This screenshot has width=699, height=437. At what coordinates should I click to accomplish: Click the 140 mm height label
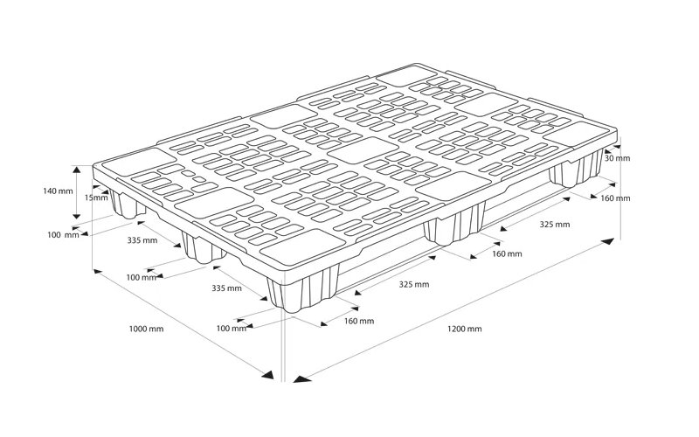[58, 191]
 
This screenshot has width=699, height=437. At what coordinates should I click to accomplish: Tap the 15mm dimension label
[96, 198]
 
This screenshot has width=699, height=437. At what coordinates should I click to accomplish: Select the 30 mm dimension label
[618, 158]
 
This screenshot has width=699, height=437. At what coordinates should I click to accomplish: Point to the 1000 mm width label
[146, 329]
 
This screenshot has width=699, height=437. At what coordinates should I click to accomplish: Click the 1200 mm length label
[465, 329]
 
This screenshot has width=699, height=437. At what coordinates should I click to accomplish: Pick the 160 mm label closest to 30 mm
[615, 198]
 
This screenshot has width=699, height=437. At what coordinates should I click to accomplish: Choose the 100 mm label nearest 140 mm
[63, 234]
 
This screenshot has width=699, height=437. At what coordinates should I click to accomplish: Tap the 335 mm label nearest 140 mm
[142, 240]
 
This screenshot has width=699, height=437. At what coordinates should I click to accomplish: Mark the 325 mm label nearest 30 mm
[555, 225]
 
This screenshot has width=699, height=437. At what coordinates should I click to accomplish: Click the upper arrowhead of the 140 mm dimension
[77, 169]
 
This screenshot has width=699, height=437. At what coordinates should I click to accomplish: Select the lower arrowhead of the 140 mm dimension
[77, 216]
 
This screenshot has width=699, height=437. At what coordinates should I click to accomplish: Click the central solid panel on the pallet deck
[356, 150]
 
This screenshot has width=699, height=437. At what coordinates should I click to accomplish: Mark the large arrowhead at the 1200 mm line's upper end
[607, 242]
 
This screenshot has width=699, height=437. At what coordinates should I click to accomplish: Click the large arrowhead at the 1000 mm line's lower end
[268, 375]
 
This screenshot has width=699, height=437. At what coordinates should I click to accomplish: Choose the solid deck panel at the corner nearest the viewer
[302, 247]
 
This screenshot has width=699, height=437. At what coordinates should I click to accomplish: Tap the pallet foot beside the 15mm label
[128, 205]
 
